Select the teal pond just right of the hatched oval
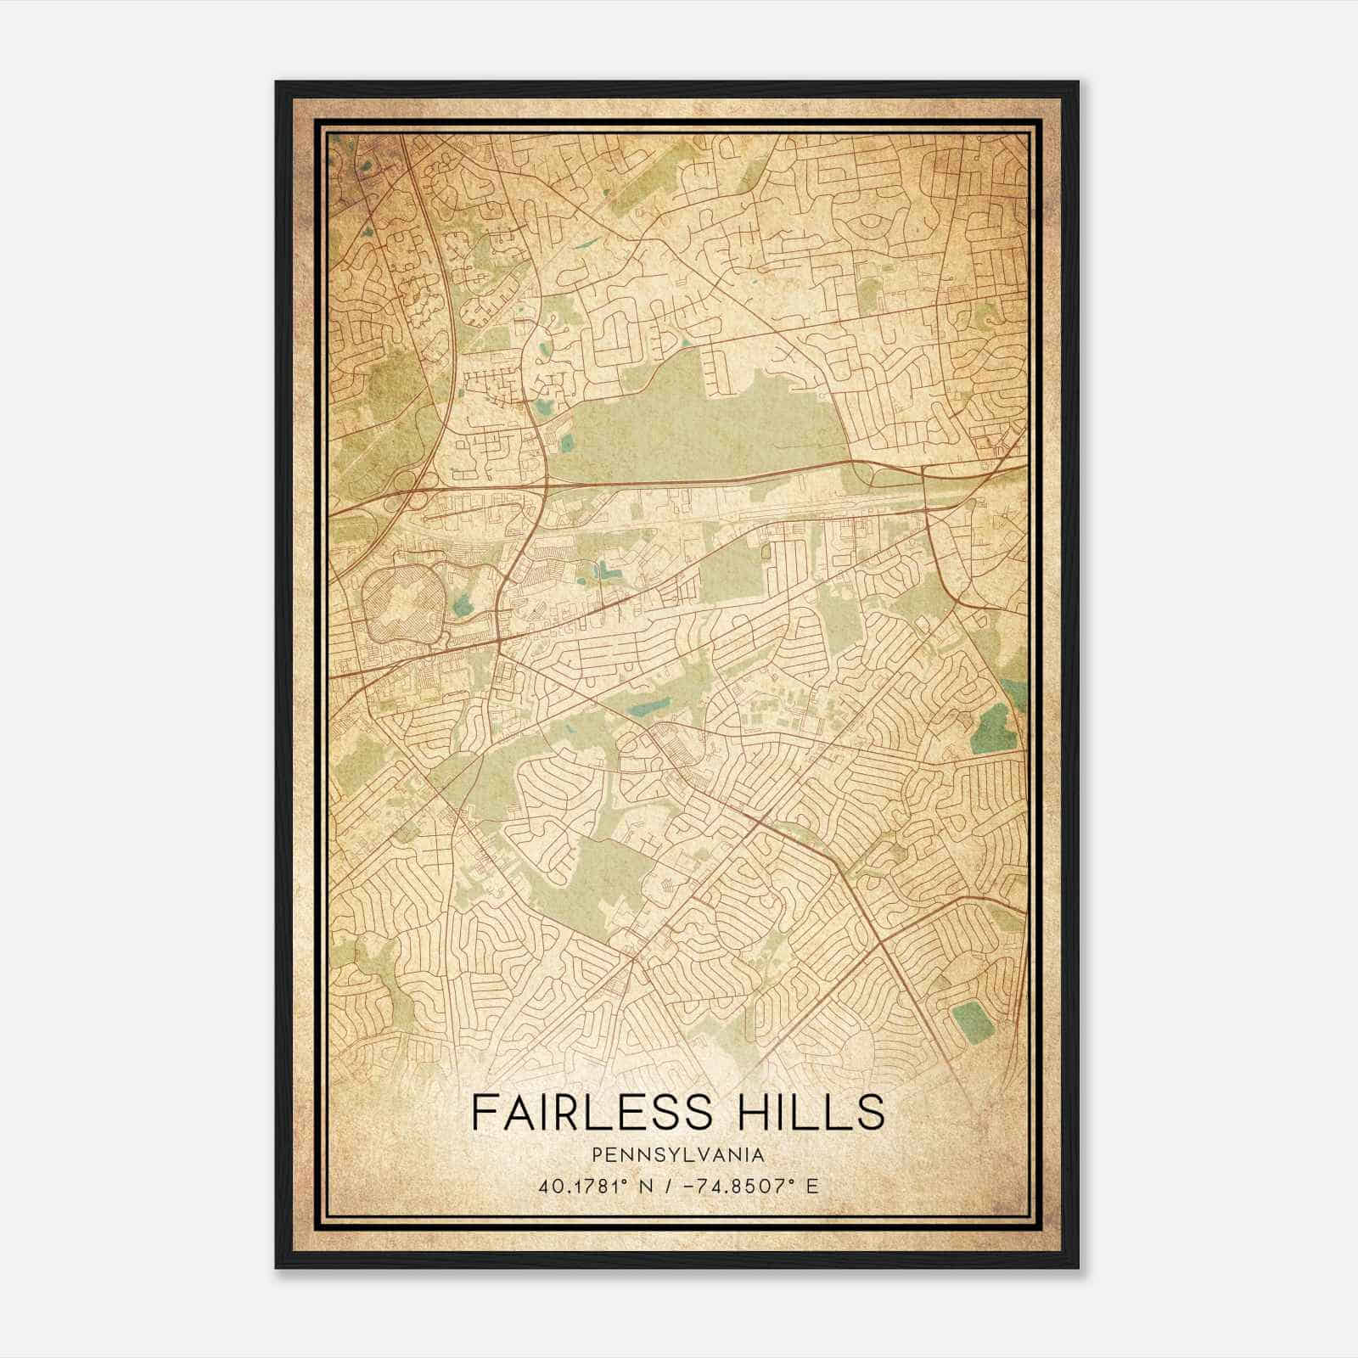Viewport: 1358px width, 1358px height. [463, 605]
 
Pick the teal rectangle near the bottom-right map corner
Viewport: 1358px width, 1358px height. [973, 1021]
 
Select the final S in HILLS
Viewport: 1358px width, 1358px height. [869, 1113]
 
